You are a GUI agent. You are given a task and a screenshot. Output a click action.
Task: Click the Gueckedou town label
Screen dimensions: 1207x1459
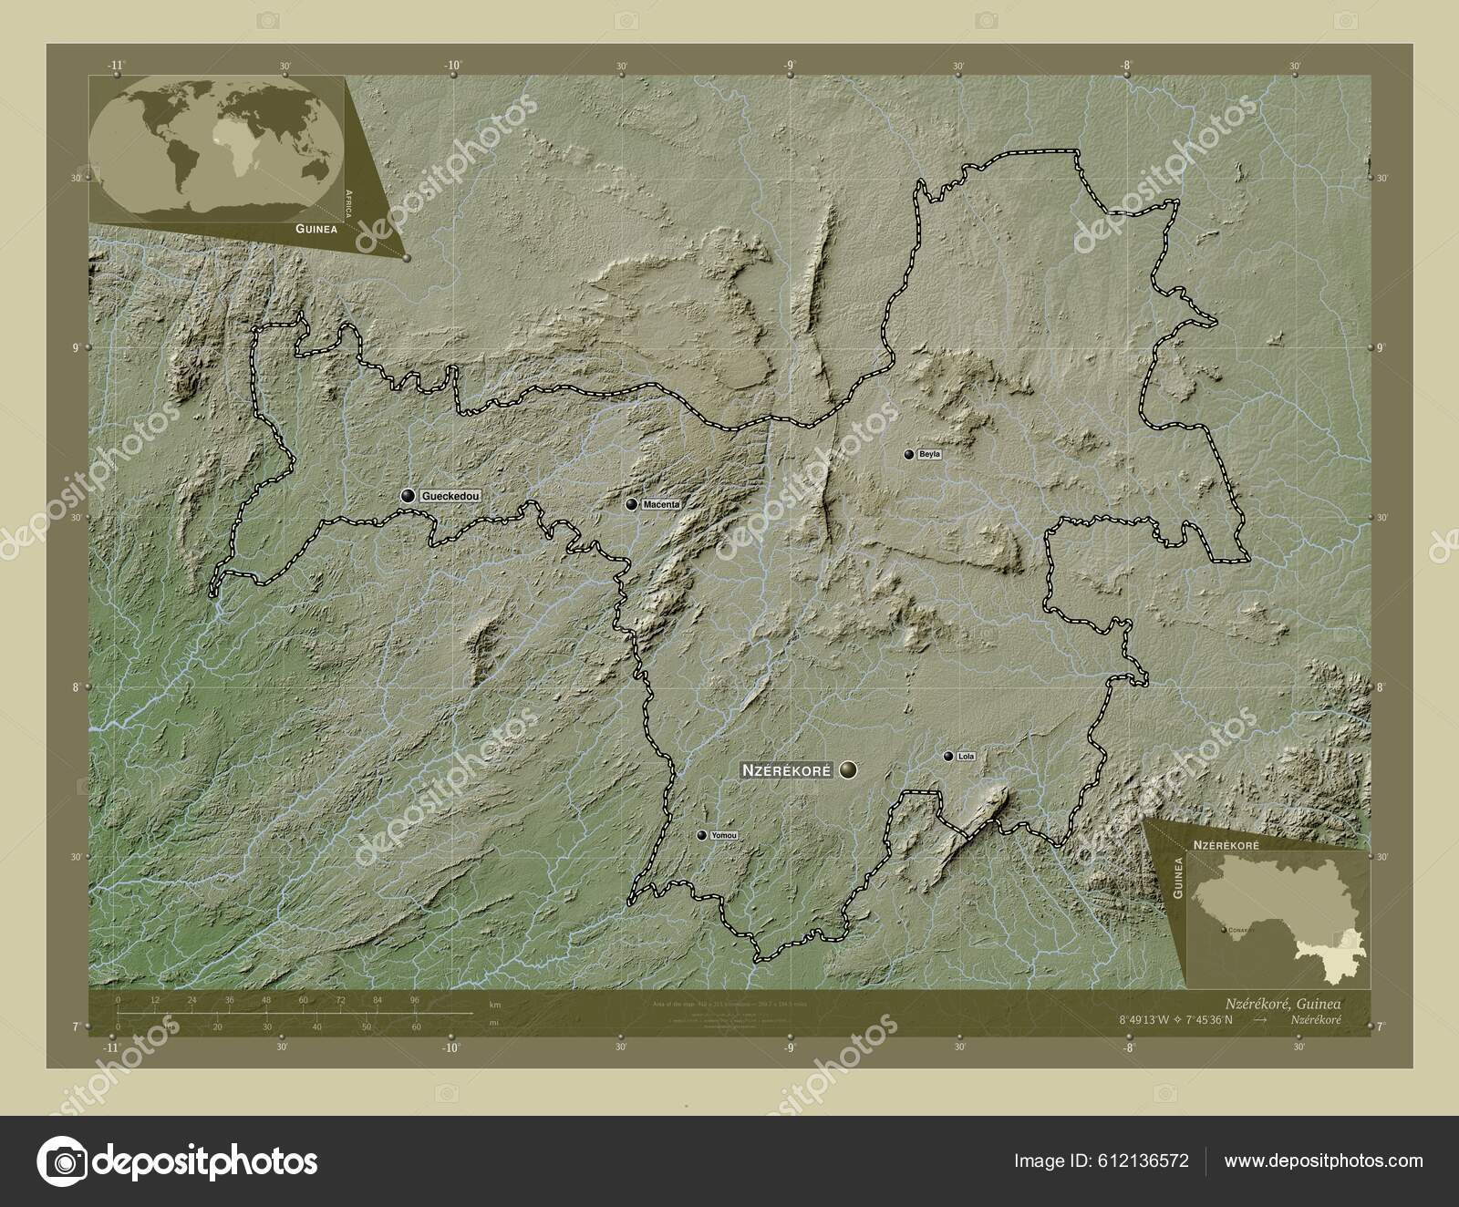[449, 496]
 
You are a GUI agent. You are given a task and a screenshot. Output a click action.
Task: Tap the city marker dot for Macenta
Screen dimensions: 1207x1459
[631, 504]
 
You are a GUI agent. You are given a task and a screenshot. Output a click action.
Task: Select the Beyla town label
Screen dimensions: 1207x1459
[929, 454]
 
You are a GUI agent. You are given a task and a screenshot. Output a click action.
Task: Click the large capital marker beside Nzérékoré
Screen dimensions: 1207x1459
[849, 770]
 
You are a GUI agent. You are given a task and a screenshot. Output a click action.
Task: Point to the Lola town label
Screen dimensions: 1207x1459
[967, 756]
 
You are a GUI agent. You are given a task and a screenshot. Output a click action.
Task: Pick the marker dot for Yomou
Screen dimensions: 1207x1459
[701, 835]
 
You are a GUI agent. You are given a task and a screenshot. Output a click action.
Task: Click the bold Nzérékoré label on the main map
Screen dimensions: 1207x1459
[786, 770]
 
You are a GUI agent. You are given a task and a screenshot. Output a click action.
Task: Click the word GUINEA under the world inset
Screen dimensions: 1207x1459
[316, 230]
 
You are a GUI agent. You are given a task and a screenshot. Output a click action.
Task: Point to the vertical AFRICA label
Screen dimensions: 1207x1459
[348, 208]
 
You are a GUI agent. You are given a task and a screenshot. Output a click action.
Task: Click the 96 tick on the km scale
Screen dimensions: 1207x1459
[415, 1001]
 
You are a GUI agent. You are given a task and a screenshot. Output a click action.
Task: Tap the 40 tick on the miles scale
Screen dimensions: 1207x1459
[316, 1026]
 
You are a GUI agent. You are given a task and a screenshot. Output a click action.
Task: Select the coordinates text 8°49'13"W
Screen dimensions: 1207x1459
[1143, 1019]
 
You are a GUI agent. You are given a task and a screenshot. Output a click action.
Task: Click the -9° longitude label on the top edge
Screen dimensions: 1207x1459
[790, 66]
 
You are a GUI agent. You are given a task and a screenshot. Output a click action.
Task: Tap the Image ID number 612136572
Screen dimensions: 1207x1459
[1139, 1161]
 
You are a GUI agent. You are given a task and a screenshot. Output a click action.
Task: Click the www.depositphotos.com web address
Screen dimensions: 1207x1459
[1323, 1161]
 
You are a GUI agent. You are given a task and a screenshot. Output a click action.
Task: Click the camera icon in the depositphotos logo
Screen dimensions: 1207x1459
[61, 1161]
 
